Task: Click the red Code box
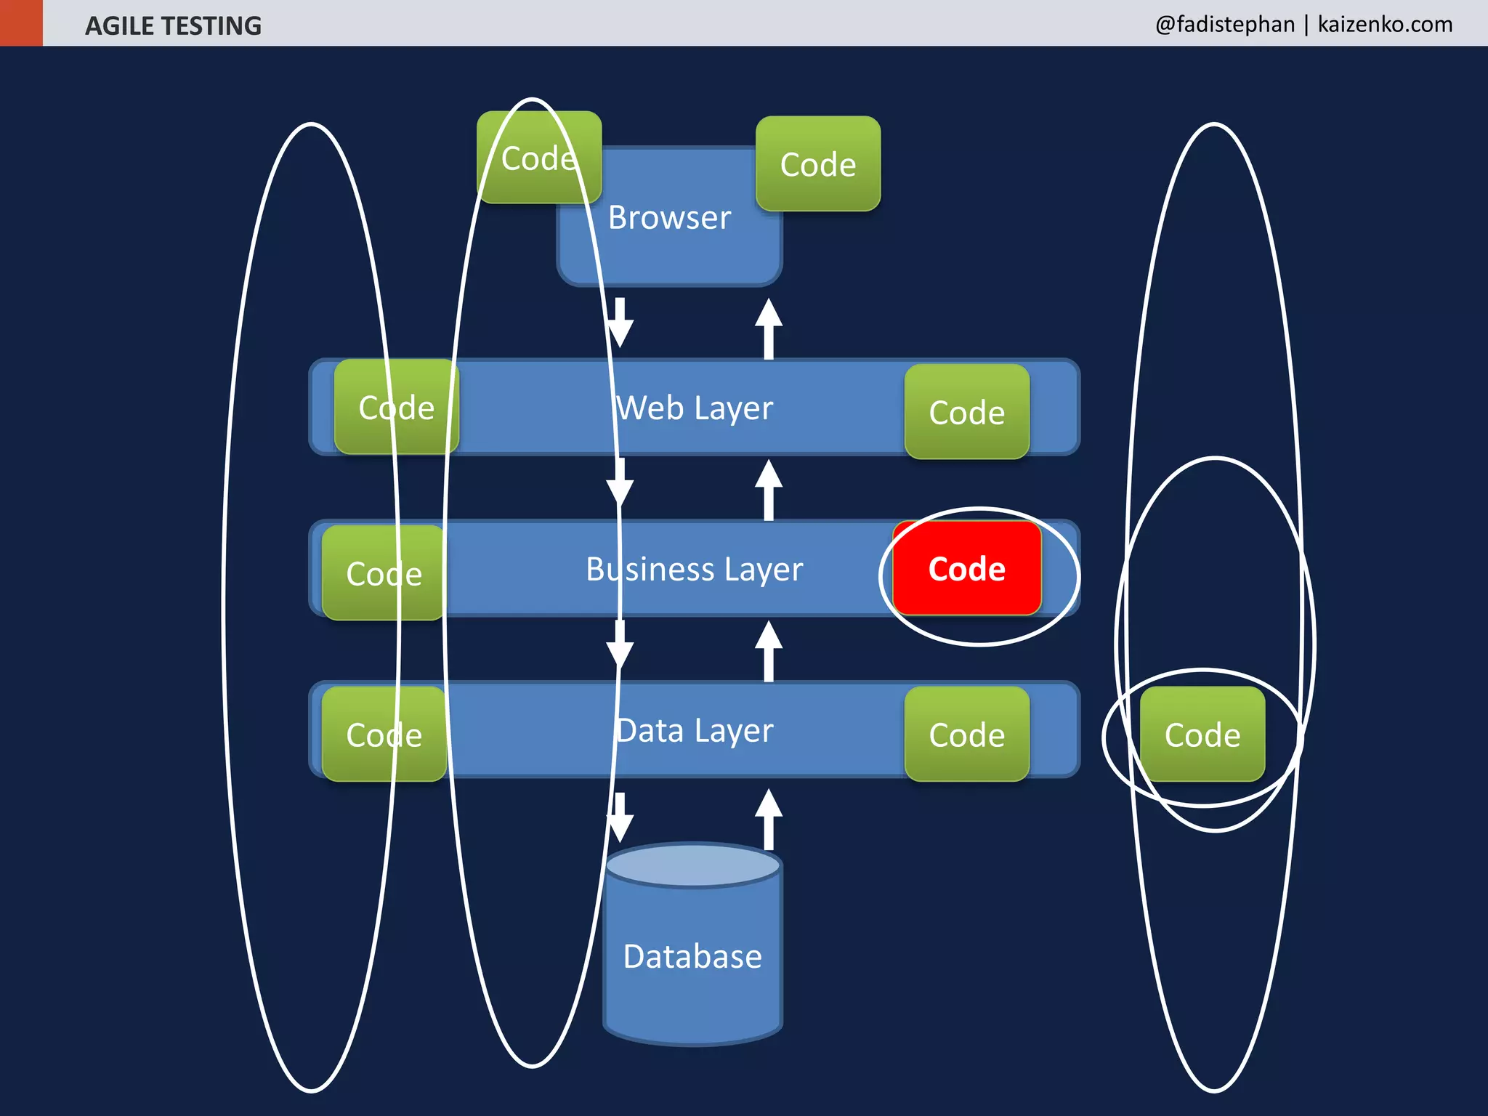point(967,569)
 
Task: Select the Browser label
point(669,218)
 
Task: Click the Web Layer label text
point(695,408)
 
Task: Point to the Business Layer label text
point(695,570)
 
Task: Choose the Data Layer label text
point(695,731)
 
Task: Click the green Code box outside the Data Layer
point(1202,735)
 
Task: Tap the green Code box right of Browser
point(818,164)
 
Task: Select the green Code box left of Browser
point(539,158)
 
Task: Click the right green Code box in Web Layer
point(967,412)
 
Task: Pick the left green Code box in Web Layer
point(397,408)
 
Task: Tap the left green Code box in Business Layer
point(384,573)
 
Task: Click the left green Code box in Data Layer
point(384,735)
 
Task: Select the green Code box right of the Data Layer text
point(967,735)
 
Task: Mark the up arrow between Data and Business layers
point(769,651)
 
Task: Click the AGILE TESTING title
point(173,25)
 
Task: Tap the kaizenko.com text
point(1385,24)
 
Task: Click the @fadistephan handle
point(1225,24)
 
